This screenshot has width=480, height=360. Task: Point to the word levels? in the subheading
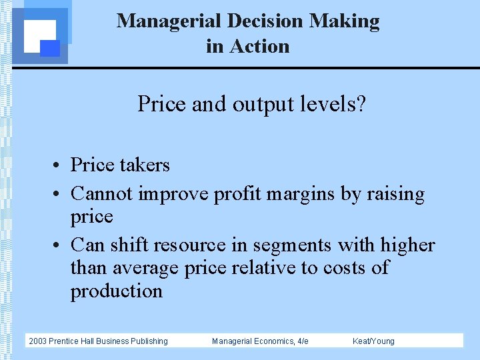click(x=335, y=104)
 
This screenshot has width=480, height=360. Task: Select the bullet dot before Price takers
click(x=59, y=166)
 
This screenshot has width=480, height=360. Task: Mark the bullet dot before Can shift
click(x=59, y=246)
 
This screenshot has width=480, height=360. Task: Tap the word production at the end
click(x=117, y=291)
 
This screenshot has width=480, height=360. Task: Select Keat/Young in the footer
click(x=373, y=341)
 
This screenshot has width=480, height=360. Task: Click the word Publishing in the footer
click(x=149, y=341)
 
